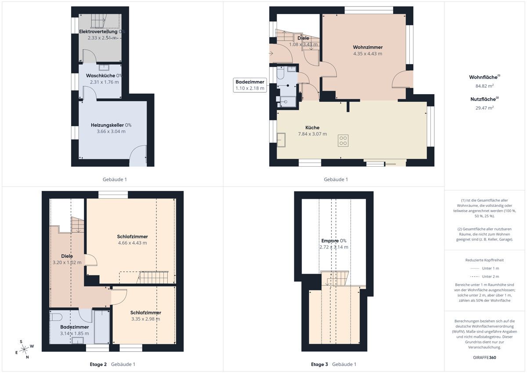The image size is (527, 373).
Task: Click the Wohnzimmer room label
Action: click(368, 47)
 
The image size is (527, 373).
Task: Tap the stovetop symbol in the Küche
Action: click(343, 141)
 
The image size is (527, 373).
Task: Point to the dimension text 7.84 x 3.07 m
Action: click(312, 134)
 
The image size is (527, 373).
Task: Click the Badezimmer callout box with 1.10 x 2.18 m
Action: click(250, 85)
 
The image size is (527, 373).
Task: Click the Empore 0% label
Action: click(334, 241)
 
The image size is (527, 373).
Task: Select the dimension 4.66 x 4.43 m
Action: click(132, 243)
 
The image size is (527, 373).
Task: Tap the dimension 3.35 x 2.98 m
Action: click(145, 319)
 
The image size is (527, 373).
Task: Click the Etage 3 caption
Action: click(319, 364)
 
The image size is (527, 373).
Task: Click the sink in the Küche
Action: click(281, 140)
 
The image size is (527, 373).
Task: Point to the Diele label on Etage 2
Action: click(67, 256)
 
